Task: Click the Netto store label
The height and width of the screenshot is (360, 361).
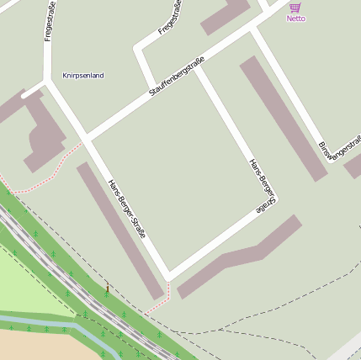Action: [x=296, y=19]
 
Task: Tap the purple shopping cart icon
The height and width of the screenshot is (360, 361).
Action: [x=295, y=8]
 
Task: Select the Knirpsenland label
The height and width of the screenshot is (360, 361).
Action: [x=83, y=76]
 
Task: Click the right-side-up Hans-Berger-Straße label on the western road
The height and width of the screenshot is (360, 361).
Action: [x=127, y=209]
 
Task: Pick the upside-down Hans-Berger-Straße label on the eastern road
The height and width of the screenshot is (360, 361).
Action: [x=263, y=183]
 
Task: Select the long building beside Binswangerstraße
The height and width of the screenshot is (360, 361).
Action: [x=283, y=118]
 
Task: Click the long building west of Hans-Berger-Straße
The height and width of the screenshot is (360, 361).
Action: [x=119, y=230]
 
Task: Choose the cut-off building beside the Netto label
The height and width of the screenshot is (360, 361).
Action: [x=225, y=15]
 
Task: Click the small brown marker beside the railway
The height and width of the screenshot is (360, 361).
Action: [x=107, y=289]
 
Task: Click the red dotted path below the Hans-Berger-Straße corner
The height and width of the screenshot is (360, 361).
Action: [x=159, y=303]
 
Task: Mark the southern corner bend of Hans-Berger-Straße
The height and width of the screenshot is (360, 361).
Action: [x=168, y=275]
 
